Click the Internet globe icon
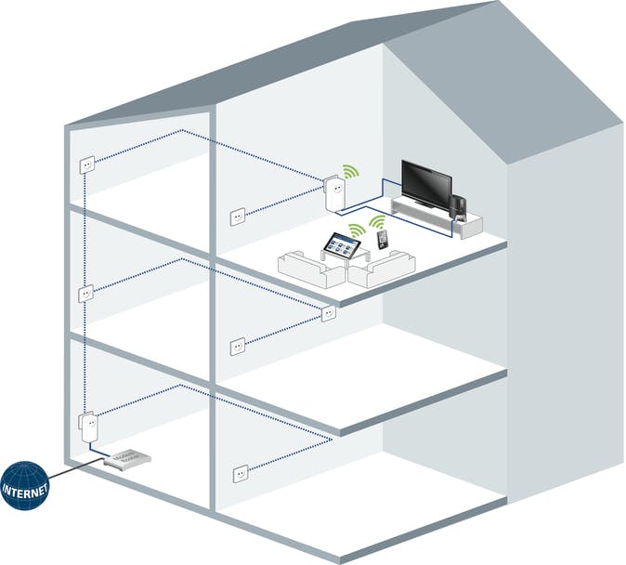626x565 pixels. (24, 486)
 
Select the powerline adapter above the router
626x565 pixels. (88, 427)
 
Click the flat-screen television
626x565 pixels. (427, 184)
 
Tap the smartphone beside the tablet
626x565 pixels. (383, 240)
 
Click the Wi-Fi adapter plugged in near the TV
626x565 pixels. (334, 194)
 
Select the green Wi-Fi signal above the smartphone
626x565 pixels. (376, 222)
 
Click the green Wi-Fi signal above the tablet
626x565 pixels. (357, 230)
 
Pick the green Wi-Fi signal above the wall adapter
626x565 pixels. (350, 171)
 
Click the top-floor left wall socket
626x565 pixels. (87, 164)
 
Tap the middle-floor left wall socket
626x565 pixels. (85, 294)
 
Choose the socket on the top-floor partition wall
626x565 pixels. (238, 217)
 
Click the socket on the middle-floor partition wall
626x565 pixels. (238, 346)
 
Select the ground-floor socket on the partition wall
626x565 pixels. (241, 474)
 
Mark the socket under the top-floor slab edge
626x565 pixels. (328, 313)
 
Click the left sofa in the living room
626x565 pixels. (310, 269)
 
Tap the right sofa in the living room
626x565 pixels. (382, 269)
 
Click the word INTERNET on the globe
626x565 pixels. (25, 491)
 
